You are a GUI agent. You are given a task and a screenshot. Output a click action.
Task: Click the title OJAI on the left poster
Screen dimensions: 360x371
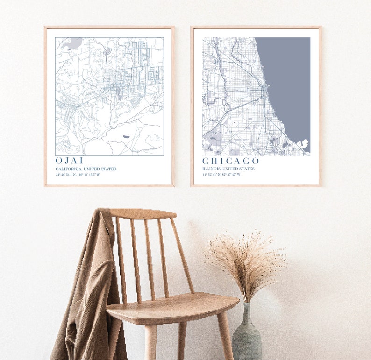69,161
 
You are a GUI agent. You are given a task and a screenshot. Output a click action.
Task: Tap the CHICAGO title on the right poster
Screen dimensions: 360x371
230,161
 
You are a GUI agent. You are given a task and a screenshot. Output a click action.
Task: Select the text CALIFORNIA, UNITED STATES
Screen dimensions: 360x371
86,169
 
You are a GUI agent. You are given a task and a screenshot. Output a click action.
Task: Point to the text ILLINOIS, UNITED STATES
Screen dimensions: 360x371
228,169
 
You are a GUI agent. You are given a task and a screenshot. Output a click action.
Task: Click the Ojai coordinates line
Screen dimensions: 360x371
78,175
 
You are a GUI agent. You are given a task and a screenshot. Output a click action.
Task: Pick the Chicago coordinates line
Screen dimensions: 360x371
221,175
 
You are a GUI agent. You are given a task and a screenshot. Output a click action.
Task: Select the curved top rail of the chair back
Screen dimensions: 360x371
143,214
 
